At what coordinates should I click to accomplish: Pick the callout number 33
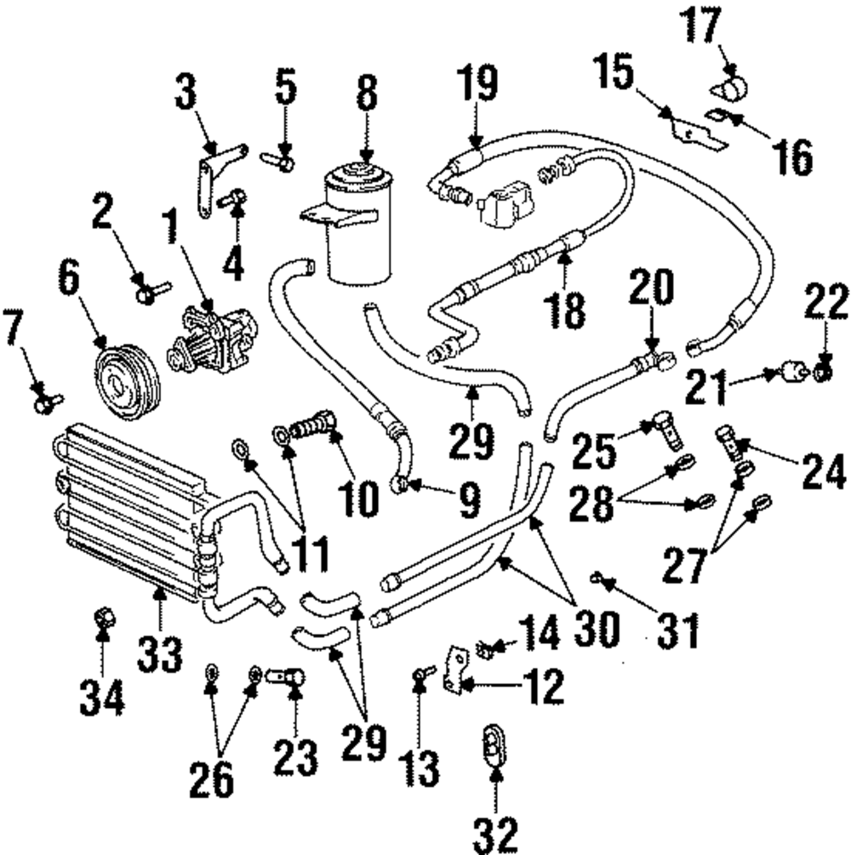click(161, 653)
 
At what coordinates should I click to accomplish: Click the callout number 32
click(495, 834)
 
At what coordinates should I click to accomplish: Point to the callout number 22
click(825, 302)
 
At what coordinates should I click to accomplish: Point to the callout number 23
click(295, 755)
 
